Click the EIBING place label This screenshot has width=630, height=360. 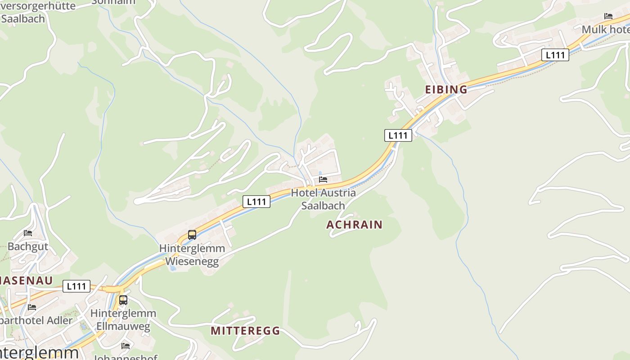coord(446,90)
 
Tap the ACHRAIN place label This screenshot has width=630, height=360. coord(354,225)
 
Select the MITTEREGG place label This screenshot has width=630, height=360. coord(245,331)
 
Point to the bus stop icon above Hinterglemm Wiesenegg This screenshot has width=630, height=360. coord(192,234)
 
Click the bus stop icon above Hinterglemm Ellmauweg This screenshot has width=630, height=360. coord(123,300)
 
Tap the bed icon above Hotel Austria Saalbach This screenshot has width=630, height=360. coord(323,179)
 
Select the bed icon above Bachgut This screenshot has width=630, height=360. coord(28,233)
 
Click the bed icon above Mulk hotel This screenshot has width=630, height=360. coord(608,16)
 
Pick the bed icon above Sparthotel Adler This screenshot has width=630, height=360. coord(32,307)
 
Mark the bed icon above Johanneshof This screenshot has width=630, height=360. coord(126,346)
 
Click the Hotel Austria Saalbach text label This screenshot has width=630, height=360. coord(323,199)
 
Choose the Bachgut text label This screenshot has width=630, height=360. coord(28,247)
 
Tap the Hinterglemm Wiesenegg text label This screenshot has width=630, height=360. coord(192,255)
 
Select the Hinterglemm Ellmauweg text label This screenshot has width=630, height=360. coord(123,319)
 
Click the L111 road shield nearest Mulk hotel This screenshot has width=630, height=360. coord(555,55)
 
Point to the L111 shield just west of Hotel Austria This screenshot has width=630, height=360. coord(256,202)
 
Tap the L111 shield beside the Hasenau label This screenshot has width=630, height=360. coord(76,286)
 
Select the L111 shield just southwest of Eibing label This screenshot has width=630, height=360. coord(398,135)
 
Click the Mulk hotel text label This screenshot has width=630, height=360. coord(606,30)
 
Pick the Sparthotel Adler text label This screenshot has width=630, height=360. coord(36,320)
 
